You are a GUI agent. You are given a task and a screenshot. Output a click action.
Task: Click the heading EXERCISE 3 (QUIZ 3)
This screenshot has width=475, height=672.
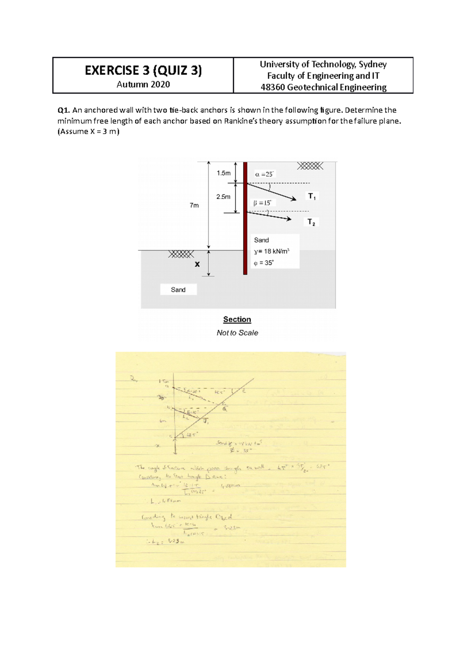pyautogui.click(x=143, y=70)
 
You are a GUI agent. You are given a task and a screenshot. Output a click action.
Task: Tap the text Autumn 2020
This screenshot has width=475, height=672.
pyautogui.click(x=143, y=84)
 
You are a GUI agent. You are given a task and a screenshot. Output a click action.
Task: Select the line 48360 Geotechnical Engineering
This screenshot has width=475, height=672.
pyautogui.click(x=323, y=87)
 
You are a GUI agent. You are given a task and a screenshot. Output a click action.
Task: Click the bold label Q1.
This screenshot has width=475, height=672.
pyautogui.click(x=63, y=110)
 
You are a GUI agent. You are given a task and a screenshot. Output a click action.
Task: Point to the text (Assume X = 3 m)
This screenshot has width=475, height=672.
pyautogui.click(x=88, y=131)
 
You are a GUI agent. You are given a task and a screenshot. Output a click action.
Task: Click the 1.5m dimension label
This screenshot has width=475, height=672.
pyautogui.click(x=223, y=173)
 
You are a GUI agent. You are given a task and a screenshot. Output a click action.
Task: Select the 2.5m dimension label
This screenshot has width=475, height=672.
pyautogui.click(x=223, y=197)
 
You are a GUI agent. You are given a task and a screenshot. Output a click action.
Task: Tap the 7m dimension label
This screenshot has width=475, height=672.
pyautogui.click(x=194, y=205)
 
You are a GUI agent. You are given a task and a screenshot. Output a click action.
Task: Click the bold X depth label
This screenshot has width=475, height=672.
pyautogui.click(x=197, y=264)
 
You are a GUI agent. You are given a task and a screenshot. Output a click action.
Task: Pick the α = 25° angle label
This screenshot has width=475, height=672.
pyautogui.click(x=264, y=174)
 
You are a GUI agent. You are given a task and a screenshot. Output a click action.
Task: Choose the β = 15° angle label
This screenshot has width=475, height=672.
pyautogui.click(x=262, y=203)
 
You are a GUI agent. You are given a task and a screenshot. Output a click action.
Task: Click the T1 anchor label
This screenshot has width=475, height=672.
pyautogui.click(x=312, y=196)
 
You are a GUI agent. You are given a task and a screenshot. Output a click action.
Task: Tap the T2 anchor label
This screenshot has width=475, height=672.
pyautogui.click(x=312, y=222)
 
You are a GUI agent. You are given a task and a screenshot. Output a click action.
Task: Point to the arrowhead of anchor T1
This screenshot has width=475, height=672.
pyautogui.click(x=294, y=199)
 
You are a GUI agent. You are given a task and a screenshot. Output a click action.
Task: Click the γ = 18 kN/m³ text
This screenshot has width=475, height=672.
pyautogui.click(x=272, y=251)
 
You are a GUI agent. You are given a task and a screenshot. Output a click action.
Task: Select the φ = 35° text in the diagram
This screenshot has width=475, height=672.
pyautogui.click(x=264, y=263)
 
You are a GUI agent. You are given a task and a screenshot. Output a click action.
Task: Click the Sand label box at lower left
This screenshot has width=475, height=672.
pyautogui.click(x=178, y=290)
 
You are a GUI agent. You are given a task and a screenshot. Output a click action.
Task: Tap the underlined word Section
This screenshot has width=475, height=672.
pyautogui.click(x=237, y=319)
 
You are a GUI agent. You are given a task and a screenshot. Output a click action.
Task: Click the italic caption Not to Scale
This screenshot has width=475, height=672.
pyautogui.click(x=237, y=333)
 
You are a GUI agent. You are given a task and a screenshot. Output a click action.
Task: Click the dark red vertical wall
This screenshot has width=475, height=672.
pyautogui.click(x=245, y=218)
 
